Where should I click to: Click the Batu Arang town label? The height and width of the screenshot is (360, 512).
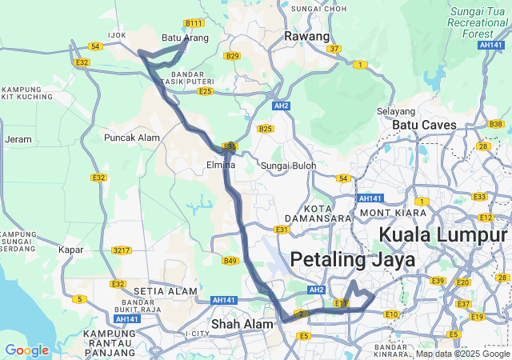coord(185,38)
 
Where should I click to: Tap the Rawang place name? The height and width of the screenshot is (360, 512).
coord(307,37)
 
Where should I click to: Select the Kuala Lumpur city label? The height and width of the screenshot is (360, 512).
coord(442,235)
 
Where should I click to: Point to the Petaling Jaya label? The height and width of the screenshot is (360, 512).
coord(353,260)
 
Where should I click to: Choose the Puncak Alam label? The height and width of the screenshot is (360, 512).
coord(132,138)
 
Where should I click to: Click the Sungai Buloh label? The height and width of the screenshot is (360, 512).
coord(289,166)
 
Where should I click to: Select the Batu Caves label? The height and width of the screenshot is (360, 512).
coord(424,125)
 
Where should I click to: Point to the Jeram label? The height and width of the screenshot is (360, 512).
coord(18,139)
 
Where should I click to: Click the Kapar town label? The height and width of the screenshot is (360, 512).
coord(71,250)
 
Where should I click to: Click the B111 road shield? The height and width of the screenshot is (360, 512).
coord(194,23)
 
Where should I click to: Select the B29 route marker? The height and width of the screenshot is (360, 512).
coord(232,56)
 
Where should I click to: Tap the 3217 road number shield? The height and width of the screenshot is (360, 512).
coord(122,250)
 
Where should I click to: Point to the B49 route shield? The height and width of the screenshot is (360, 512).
coord(230,261)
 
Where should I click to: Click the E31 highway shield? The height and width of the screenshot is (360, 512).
coord(282,230)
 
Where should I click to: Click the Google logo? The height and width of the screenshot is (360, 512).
coord(26,350)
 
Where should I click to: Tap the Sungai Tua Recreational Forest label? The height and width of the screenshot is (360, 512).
coord(478,22)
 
